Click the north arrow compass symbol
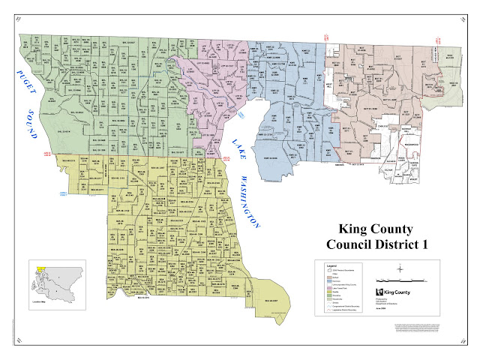tap(402, 268)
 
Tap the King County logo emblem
tap(380, 291)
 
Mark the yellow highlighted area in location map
tap(42, 265)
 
